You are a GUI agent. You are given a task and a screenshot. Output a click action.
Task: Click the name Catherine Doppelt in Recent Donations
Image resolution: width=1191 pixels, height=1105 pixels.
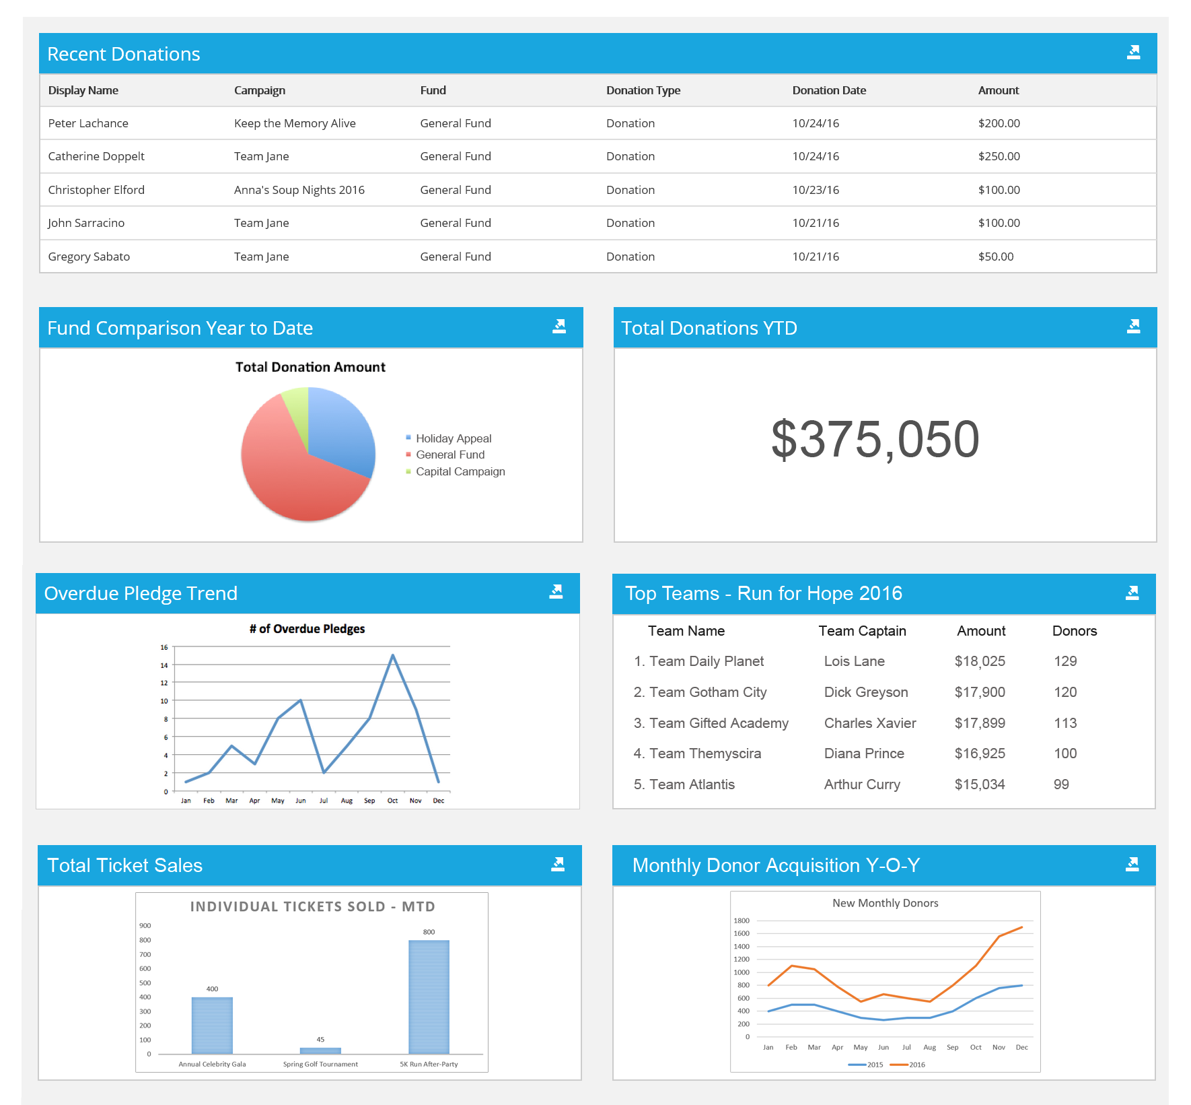(x=96, y=156)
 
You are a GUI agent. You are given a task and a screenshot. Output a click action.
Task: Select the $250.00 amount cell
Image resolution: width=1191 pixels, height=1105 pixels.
(x=999, y=156)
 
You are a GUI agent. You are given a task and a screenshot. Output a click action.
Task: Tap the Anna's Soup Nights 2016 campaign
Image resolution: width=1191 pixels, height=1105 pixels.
(x=299, y=190)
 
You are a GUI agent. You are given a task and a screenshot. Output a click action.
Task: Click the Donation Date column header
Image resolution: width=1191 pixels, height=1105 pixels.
(x=828, y=90)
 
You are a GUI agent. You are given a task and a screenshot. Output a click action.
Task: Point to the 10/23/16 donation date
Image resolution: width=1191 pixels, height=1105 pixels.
(x=815, y=190)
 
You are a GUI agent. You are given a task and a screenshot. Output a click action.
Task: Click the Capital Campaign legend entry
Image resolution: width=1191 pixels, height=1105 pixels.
(x=460, y=471)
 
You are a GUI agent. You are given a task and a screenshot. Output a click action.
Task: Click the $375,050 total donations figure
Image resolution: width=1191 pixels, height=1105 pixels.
(x=875, y=439)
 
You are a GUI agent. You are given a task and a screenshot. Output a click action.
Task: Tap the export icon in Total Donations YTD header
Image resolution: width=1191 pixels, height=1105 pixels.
(x=1133, y=327)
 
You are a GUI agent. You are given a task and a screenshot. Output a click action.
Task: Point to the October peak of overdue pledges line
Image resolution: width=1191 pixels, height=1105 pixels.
(x=393, y=655)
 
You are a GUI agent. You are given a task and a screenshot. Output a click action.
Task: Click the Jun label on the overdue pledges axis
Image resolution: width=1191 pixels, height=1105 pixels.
(x=301, y=801)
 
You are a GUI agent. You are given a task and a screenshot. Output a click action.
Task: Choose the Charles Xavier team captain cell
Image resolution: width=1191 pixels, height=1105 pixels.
(x=869, y=723)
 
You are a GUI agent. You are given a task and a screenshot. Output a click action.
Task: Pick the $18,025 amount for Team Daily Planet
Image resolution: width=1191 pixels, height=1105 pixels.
(x=979, y=661)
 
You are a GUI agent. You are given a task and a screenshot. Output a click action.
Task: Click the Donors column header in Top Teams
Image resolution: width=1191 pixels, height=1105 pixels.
(x=1074, y=631)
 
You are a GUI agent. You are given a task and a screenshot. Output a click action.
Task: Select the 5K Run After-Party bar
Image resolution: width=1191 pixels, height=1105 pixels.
(x=429, y=997)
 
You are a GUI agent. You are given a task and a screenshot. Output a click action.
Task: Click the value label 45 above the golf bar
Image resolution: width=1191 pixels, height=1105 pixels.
(x=320, y=1040)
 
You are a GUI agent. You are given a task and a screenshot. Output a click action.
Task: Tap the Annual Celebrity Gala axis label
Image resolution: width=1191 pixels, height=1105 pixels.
(x=212, y=1064)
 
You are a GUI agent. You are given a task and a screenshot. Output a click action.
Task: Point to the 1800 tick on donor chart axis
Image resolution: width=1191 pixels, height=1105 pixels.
(x=742, y=920)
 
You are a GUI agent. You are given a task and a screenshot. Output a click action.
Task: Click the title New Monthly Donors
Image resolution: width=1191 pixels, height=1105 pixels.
(x=885, y=903)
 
